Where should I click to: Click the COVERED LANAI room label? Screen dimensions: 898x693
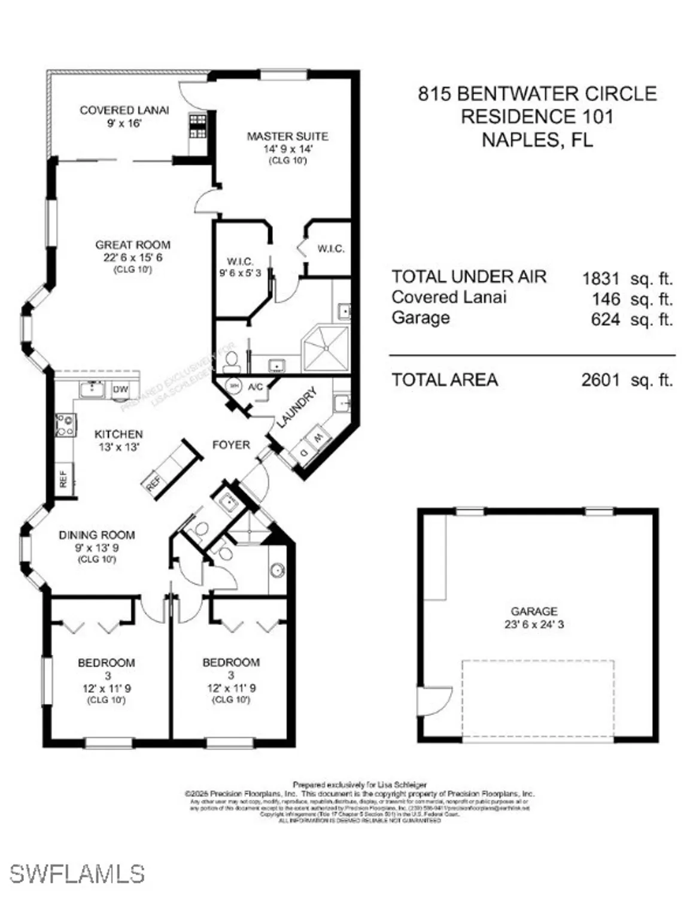coord(124,110)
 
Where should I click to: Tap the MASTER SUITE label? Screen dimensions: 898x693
coord(287,136)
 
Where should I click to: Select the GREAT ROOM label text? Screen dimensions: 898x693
coord(133,245)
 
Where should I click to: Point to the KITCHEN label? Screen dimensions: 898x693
coord(118,434)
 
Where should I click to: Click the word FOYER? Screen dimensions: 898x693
coord(231,445)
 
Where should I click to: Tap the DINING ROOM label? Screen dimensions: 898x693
coord(96,535)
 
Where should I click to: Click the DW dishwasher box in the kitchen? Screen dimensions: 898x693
coord(120,390)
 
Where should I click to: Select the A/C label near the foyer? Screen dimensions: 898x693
coord(256,387)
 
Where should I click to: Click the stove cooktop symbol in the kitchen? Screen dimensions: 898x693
coord(65,425)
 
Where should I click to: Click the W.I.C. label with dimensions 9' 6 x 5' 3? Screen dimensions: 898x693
coord(240,262)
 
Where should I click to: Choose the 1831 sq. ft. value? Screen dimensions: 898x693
coord(601,278)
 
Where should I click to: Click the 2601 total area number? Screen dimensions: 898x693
coord(600,380)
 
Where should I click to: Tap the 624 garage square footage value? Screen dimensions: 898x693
coord(605,320)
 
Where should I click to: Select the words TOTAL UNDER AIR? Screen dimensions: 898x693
coord(469,277)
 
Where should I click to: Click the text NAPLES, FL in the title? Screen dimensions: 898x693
coord(537,139)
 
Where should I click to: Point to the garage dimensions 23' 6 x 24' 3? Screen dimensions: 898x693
coord(534,624)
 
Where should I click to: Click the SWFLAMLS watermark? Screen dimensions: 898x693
coord(77,873)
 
